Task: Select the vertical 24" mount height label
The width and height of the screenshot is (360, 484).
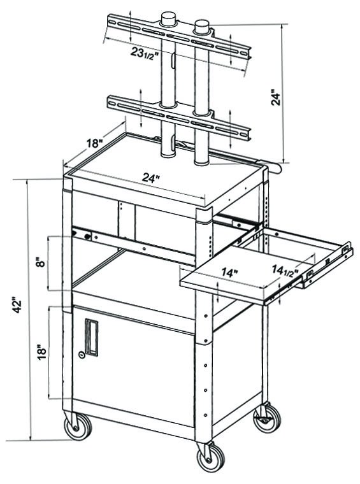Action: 275,97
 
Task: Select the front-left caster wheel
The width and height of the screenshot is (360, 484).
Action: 77,426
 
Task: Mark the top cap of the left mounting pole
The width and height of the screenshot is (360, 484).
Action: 169,18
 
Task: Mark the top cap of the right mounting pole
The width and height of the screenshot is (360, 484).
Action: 203,25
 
